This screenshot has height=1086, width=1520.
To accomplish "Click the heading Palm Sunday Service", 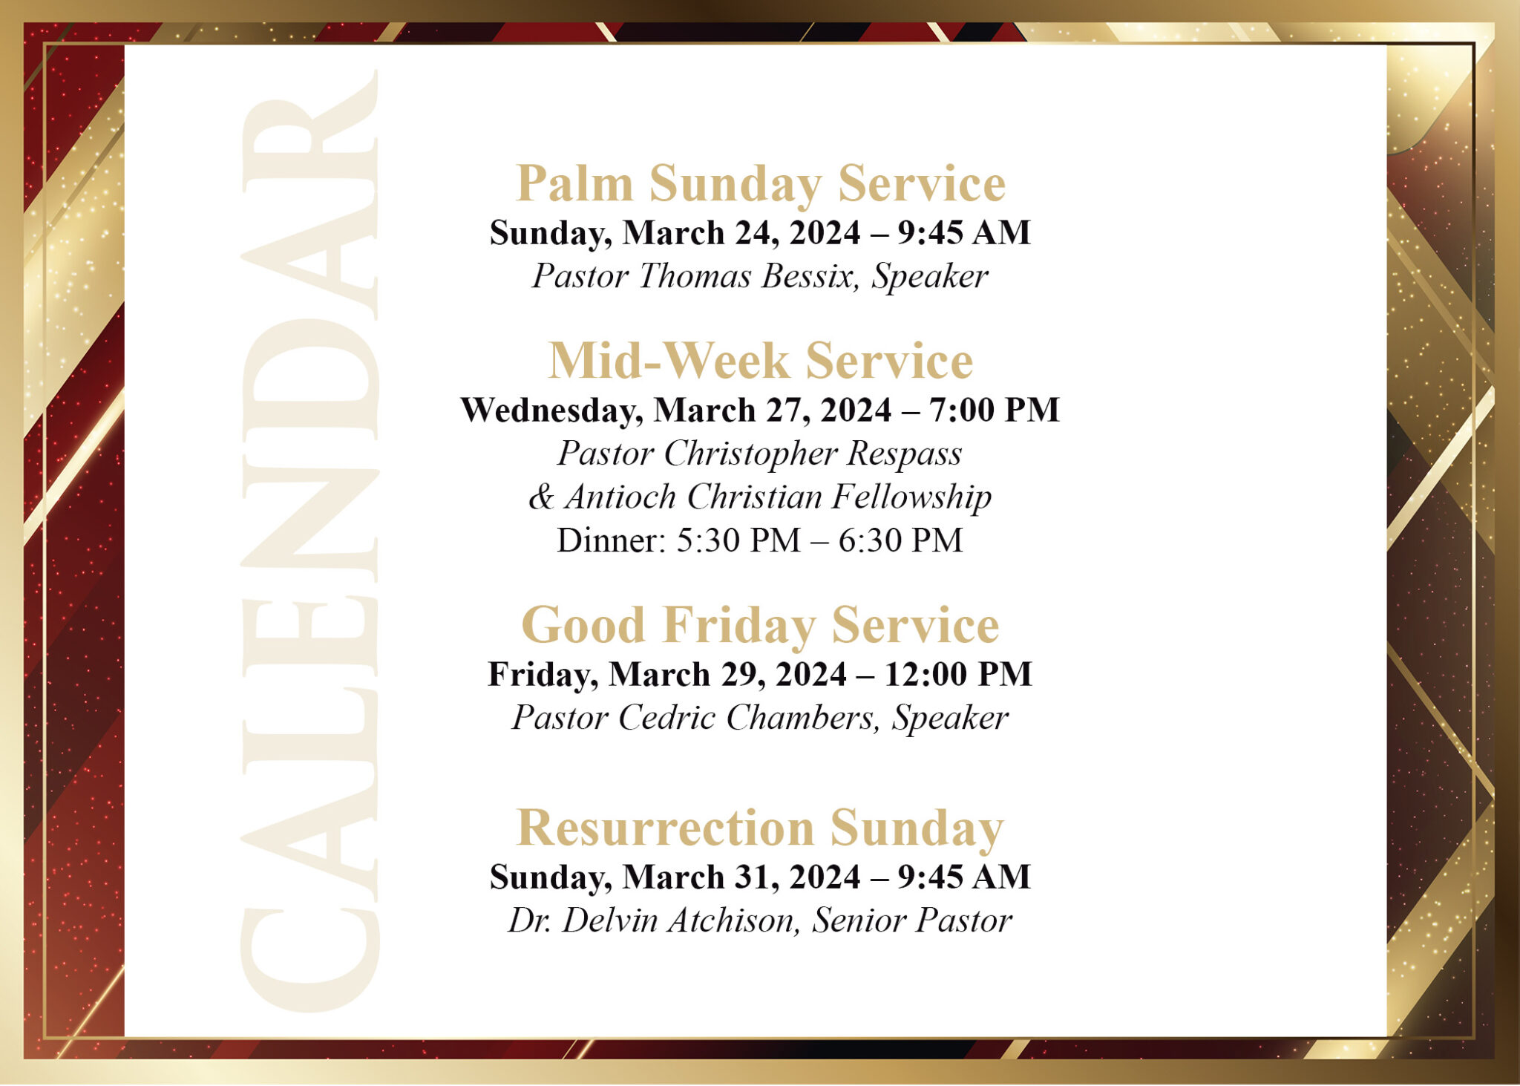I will (x=760, y=183).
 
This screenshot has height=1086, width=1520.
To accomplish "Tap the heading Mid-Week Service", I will (x=760, y=362).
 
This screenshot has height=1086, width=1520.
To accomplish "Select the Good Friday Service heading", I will (x=760, y=625).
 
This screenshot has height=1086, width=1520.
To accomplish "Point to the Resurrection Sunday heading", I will (x=760, y=828).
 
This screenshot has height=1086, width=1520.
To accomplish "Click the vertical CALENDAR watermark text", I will (x=310, y=542).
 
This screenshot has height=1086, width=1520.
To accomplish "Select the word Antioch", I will (x=620, y=497).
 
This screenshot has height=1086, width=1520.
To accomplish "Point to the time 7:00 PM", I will (x=994, y=410).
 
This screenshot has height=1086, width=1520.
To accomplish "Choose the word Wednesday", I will (x=551, y=410).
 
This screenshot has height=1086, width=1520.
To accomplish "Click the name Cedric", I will (x=666, y=718).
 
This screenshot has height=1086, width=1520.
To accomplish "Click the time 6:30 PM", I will (x=900, y=540).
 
